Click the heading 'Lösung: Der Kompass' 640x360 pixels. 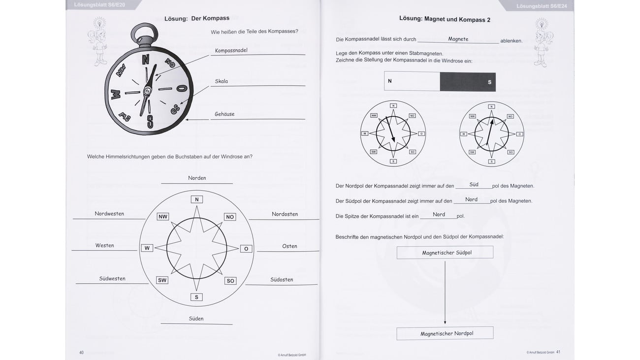tap(197, 18)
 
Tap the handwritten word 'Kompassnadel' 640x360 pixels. tap(231, 50)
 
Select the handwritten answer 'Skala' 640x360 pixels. tap(222, 81)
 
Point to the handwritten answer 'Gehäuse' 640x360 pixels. tap(224, 114)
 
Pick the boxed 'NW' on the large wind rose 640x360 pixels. tap(163, 217)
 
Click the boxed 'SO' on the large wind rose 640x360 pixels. tap(230, 281)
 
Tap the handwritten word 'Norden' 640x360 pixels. tap(197, 178)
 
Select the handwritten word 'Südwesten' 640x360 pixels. tap(112, 279)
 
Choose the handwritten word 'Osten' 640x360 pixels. tap(289, 246)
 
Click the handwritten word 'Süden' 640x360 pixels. tap(196, 319)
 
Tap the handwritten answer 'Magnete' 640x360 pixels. tap(458, 39)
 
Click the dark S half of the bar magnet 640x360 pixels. tap(468, 82)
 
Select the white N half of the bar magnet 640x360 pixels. tap(412, 81)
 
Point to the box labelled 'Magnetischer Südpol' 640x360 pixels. tap(445, 253)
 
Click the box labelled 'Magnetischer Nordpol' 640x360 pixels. tap(445, 333)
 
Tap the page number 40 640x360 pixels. tap(81, 353)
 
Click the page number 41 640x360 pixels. tap(558, 352)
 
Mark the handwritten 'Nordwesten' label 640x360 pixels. tap(109, 214)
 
